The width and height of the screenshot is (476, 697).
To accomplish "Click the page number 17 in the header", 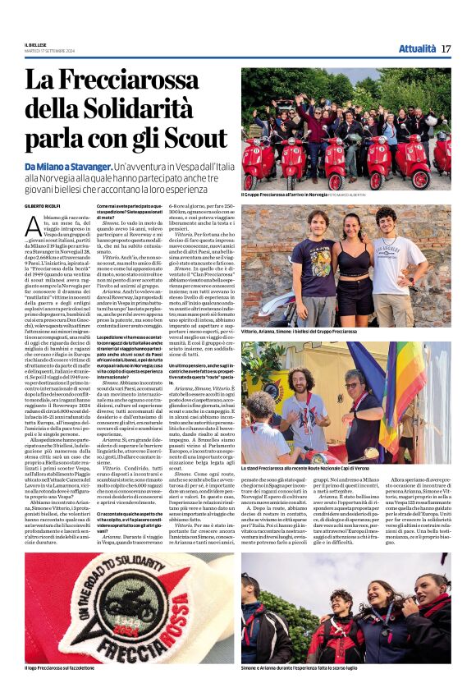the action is tap(446, 48).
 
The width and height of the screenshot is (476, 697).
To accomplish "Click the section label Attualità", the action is tap(417, 48).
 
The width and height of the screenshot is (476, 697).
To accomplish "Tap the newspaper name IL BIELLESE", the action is tap(36, 44).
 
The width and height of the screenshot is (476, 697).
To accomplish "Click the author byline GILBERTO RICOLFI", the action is tap(43, 205).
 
